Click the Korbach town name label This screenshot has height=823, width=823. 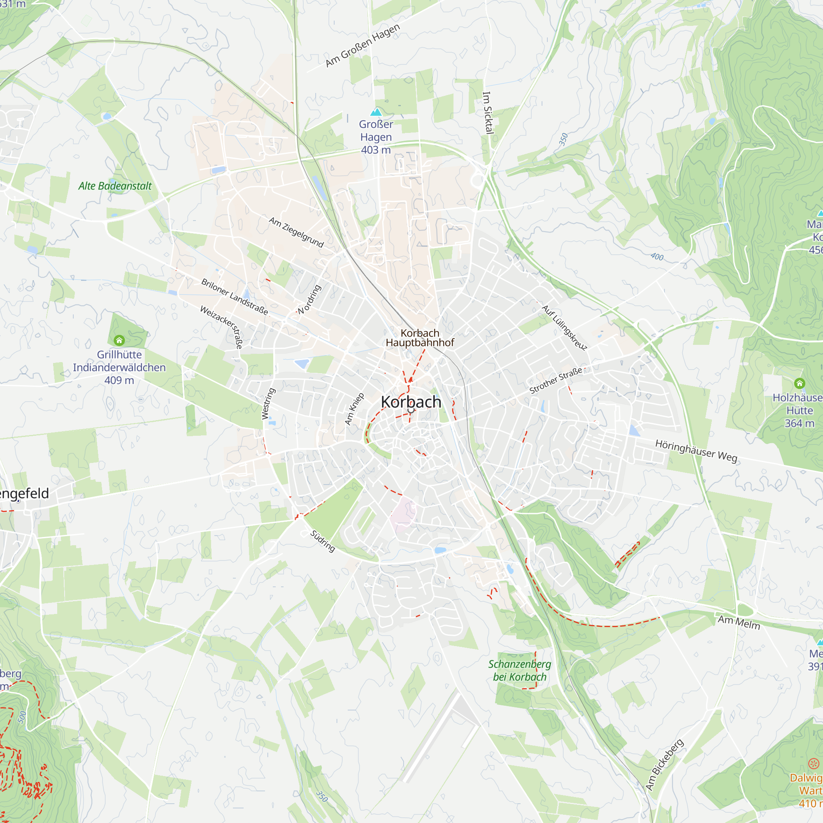point(411,402)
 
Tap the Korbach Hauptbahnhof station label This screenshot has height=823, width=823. point(420,338)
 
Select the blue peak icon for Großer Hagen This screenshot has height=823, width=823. point(376,112)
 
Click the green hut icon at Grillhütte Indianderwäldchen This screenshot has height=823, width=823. point(119,340)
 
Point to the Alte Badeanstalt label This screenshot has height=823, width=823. point(115,186)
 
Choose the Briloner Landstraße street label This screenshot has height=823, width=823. point(235,297)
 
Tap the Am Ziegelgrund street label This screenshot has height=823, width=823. point(296,232)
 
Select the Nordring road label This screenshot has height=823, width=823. point(309,300)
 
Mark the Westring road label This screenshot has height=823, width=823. point(268,403)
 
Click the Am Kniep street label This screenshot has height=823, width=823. point(354,409)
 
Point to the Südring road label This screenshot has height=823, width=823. point(323,541)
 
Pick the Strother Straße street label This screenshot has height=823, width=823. point(556,380)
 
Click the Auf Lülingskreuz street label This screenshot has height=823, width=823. point(565,327)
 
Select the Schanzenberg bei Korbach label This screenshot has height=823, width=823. point(519,670)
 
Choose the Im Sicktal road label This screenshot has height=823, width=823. point(488,113)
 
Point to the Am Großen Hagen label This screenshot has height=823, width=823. point(363,45)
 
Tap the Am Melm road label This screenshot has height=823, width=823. point(739,622)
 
